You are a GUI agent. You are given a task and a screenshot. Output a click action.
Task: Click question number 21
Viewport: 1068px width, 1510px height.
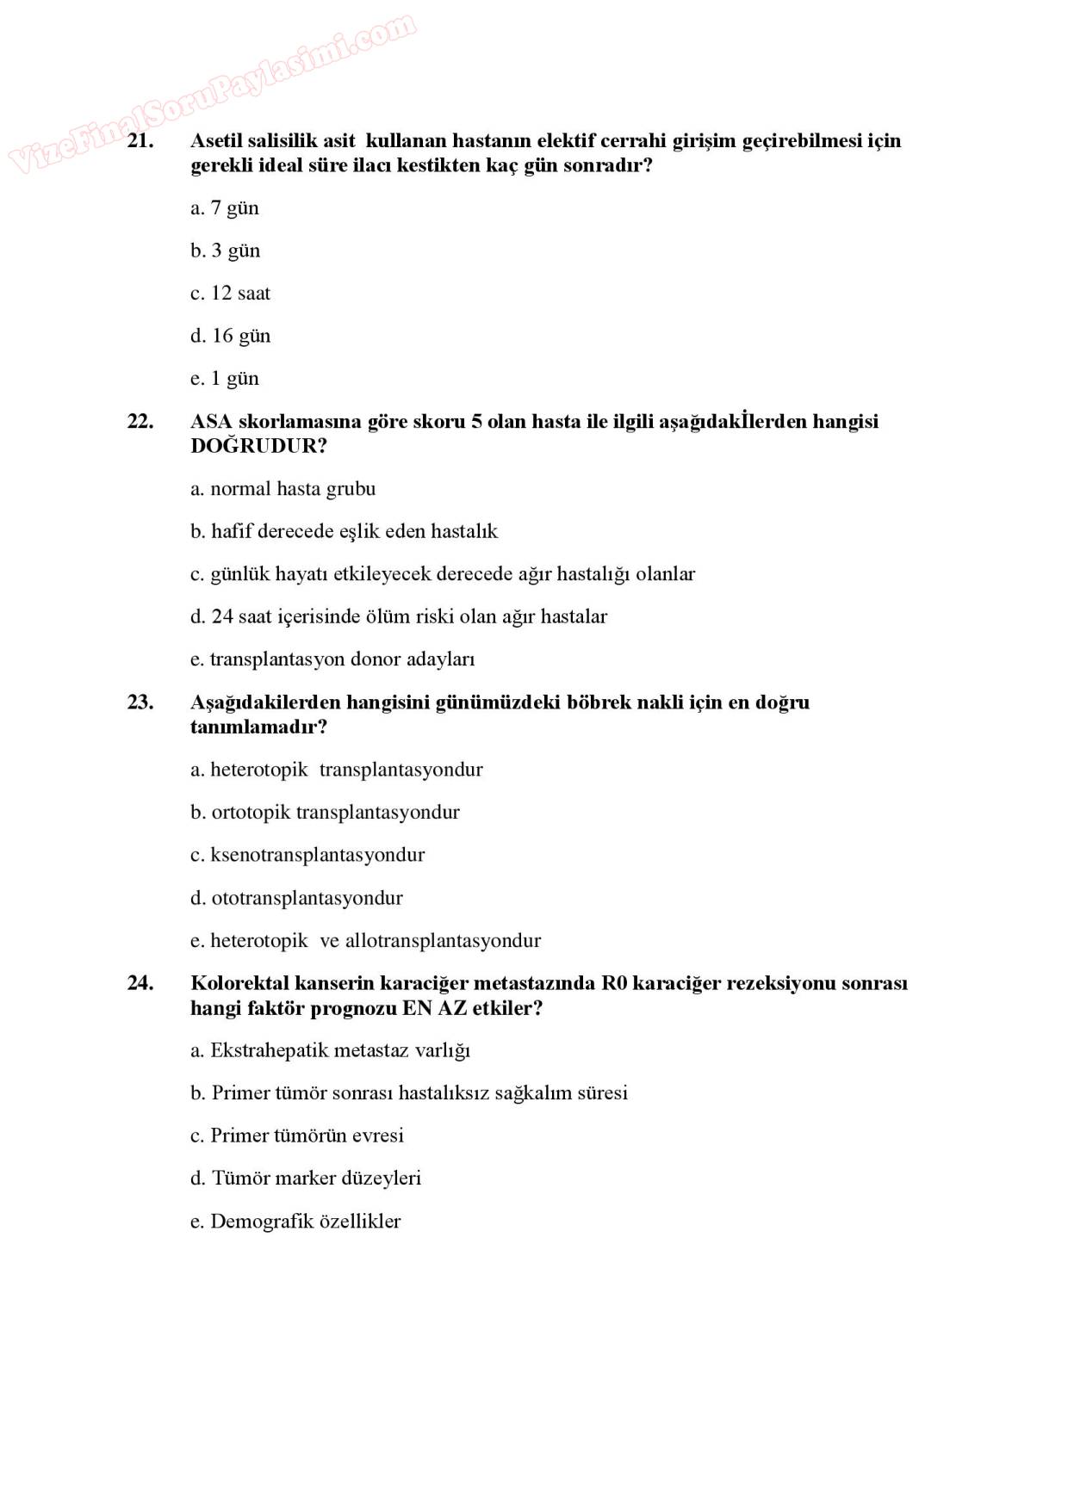click(140, 141)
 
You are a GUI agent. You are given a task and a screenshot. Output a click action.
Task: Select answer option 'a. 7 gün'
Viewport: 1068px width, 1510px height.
click(224, 208)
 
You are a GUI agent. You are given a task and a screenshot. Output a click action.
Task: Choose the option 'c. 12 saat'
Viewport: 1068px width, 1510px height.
click(230, 294)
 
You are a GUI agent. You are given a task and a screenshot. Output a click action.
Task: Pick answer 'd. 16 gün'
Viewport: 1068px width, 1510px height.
click(230, 336)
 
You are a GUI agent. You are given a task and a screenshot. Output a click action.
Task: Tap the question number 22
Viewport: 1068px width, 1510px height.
click(140, 422)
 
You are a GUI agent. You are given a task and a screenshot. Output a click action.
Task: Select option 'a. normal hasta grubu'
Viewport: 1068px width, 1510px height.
click(283, 489)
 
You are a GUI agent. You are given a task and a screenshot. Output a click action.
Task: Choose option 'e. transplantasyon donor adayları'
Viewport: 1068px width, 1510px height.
click(332, 659)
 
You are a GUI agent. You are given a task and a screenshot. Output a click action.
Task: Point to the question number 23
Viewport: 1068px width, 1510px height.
click(140, 702)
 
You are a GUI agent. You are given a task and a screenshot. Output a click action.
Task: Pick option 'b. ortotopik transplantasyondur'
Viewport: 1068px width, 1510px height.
click(325, 813)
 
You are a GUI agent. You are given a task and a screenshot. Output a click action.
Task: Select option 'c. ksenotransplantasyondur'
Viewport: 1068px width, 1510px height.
click(307, 855)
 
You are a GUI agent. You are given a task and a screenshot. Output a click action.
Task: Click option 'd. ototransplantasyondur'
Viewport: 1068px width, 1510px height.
click(296, 898)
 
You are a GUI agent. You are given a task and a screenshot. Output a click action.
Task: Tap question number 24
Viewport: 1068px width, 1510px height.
click(140, 983)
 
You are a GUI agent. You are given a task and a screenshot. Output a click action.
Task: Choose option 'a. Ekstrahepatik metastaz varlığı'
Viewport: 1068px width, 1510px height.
click(330, 1050)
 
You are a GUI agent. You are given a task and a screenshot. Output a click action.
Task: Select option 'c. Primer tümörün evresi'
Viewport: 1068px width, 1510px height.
click(296, 1136)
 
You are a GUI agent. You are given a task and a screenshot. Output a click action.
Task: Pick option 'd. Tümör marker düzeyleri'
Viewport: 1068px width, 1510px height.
click(306, 1178)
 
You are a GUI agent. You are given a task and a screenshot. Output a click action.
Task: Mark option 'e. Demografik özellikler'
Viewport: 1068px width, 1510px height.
click(295, 1221)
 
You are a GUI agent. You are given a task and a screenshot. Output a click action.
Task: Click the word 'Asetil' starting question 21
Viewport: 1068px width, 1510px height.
click(217, 141)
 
